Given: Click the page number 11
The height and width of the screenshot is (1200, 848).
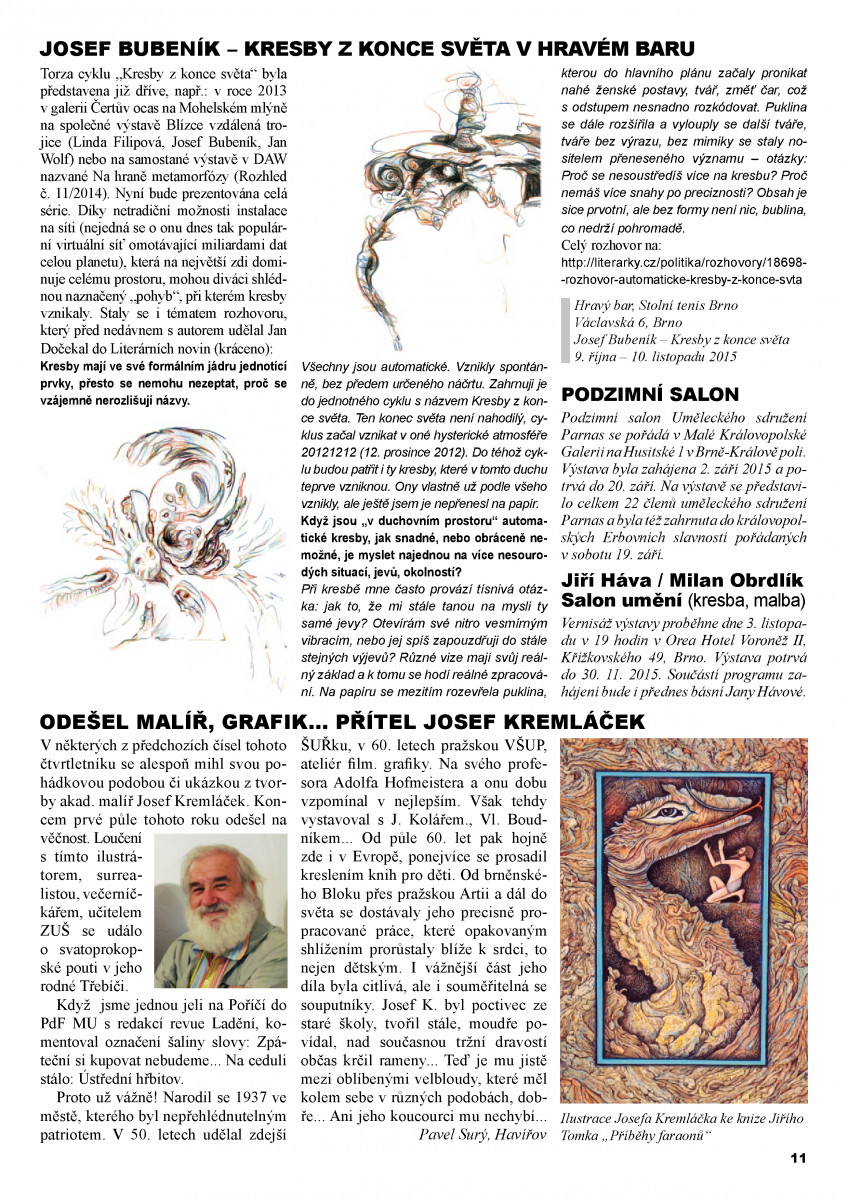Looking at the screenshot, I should pyautogui.click(x=797, y=1158).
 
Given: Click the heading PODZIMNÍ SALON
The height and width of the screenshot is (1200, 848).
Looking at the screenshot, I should pyautogui.click(x=650, y=394).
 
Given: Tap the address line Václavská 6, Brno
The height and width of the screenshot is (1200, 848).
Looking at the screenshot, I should pyautogui.click(x=628, y=322).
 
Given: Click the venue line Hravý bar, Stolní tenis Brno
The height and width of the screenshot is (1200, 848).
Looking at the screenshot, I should pyautogui.click(x=655, y=305).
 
